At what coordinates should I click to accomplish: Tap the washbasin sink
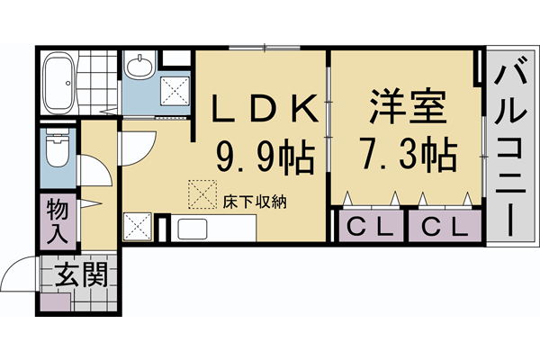139,67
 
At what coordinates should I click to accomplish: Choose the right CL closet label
445,225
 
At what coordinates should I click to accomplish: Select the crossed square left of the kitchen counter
137,226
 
